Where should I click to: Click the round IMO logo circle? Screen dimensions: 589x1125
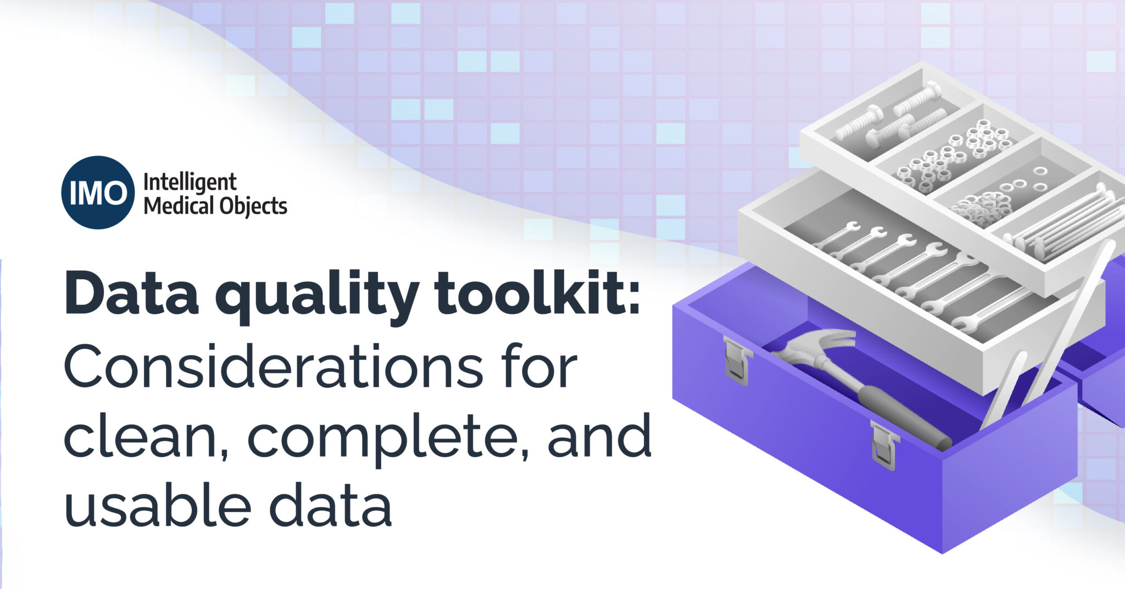click(98, 192)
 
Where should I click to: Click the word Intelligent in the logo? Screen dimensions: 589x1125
click(190, 182)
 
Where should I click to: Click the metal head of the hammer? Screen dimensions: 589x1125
click(818, 344)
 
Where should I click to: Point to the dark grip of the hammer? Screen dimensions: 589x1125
click(901, 418)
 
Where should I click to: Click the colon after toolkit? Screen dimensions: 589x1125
click(633, 297)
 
